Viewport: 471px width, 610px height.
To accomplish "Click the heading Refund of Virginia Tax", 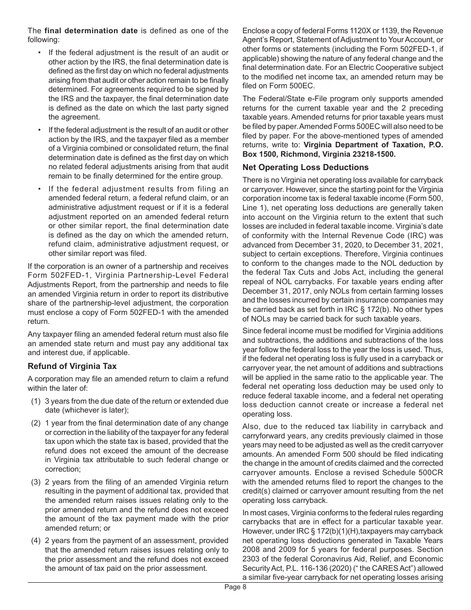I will click(x=72, y=366).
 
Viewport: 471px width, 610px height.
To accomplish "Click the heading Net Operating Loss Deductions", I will click(x=305, y=167).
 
